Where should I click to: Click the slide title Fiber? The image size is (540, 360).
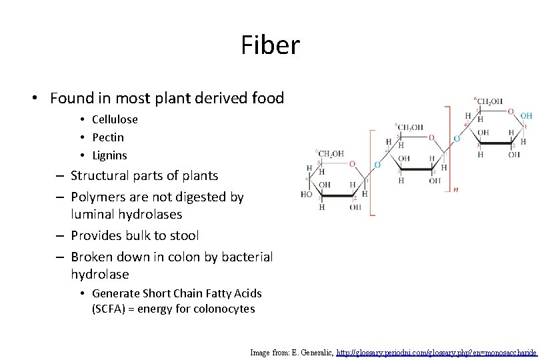pos(270,46)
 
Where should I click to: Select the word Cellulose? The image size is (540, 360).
pos(115,119)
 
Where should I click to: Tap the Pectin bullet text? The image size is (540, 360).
pos(108,137)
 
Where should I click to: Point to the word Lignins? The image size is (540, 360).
pos(109,155)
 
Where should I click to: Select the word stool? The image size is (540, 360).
pos(181,235)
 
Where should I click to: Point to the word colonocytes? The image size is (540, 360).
pos(223,309)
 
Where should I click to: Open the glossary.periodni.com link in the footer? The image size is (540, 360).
pos(436,351)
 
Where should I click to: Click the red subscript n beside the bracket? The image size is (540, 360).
pos(455,189)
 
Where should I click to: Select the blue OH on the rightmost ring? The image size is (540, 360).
pos(526,115)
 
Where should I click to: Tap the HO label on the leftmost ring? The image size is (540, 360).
pos(306,195)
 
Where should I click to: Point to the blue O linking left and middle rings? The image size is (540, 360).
pos(377,164)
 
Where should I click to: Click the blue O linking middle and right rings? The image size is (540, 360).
pos(456,139)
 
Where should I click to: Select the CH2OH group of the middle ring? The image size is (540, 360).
pos(410,127)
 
